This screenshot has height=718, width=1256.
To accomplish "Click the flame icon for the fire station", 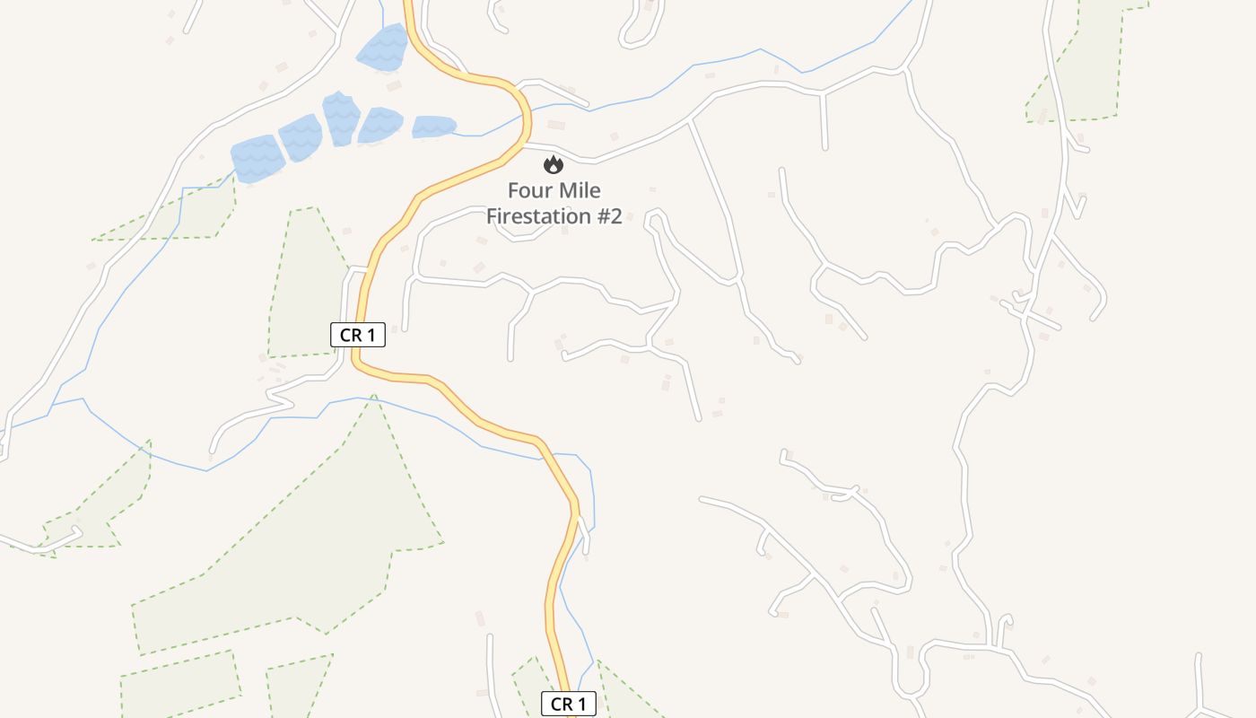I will pyautogui.click(x=554, y=164).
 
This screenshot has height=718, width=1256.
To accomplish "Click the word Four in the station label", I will pyautogui.click(x=527, y=191).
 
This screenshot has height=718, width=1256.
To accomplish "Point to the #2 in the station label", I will pyautogui.click(x=606, y=216).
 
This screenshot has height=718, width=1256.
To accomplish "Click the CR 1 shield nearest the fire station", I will pyautogui.click(x=358, y=336).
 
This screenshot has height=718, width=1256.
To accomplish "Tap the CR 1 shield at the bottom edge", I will pyautogui.click(x=569, y=705).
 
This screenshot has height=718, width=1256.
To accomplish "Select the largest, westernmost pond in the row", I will pyautogui.click(x=257, y=159).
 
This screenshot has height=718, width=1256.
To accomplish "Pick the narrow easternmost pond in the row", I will pyautogui.click(x=432, y=127).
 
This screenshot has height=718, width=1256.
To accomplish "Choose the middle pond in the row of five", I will pyautogui.click(x=340, y=118).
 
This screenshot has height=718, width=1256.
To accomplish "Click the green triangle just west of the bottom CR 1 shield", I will pyautogui.click(x=536, y=691).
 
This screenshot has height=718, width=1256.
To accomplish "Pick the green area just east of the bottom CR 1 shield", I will pyautogui.click(x=624, y=696).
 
